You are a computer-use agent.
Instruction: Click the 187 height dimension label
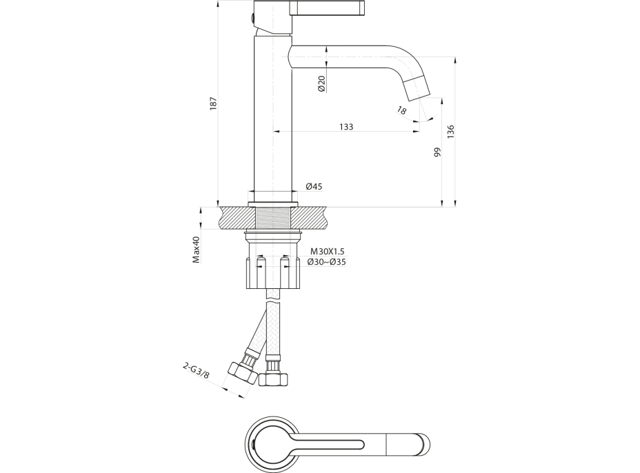214,103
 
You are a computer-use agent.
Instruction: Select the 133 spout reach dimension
346,127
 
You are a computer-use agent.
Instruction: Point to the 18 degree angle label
403,110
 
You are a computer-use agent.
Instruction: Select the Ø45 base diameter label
314,186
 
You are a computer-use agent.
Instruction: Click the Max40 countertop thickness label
196,250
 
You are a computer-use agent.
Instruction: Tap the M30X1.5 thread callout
327,252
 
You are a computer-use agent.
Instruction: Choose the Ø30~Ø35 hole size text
327,262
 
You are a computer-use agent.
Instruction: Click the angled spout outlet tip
417,86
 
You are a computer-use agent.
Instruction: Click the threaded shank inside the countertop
272,219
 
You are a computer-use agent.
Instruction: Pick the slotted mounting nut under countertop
272,273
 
